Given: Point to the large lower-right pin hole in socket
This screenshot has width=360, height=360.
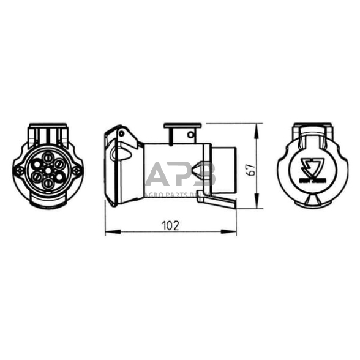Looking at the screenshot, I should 59,178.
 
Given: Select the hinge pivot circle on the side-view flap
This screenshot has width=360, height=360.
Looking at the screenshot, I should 122,133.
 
